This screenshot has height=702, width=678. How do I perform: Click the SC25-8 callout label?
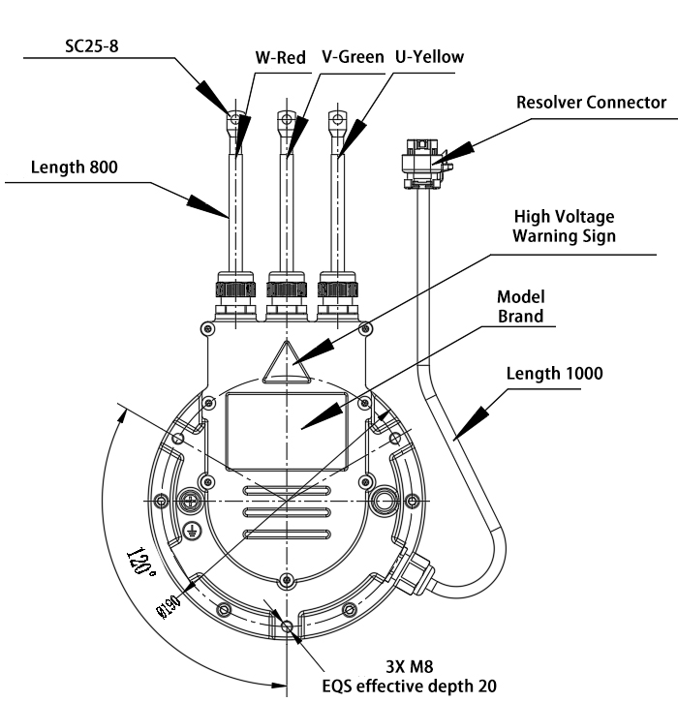92,46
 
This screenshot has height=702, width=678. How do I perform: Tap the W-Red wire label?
280,58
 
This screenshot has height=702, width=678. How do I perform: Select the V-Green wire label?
353,57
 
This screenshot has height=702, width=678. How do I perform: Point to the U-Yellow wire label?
429,57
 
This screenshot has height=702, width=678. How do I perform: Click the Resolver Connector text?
591,102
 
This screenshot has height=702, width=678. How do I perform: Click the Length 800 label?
75,167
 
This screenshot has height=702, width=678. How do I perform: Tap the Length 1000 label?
554,374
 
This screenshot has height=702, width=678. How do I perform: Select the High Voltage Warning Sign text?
565,226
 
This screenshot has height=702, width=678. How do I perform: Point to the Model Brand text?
521,306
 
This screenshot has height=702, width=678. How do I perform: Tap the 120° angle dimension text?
141,562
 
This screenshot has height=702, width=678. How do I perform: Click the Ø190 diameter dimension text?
168,606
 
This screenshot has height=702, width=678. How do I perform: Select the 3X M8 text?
410,666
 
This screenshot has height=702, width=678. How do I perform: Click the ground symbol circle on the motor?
193,531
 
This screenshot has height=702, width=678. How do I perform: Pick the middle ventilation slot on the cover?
287,512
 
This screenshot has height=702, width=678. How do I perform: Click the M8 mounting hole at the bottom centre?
287,626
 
